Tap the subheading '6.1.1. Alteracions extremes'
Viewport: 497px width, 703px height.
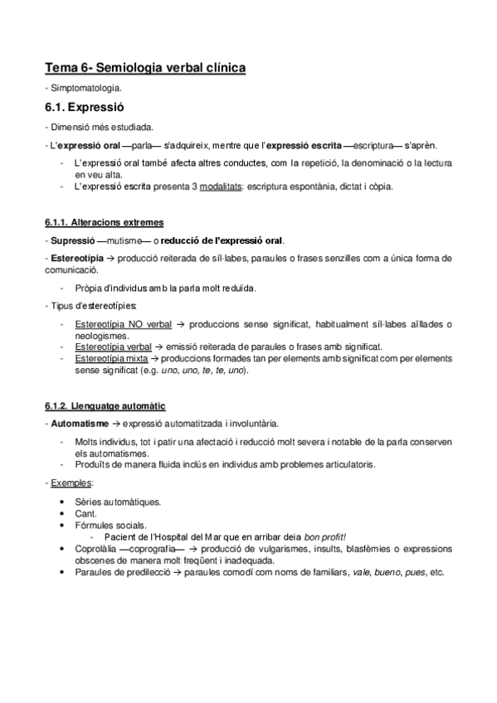pos(104,222)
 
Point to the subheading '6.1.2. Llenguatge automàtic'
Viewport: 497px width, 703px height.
pos(105,405)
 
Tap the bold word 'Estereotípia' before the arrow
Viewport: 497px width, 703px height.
pos(75,258)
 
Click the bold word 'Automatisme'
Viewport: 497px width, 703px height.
pos(76,423)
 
